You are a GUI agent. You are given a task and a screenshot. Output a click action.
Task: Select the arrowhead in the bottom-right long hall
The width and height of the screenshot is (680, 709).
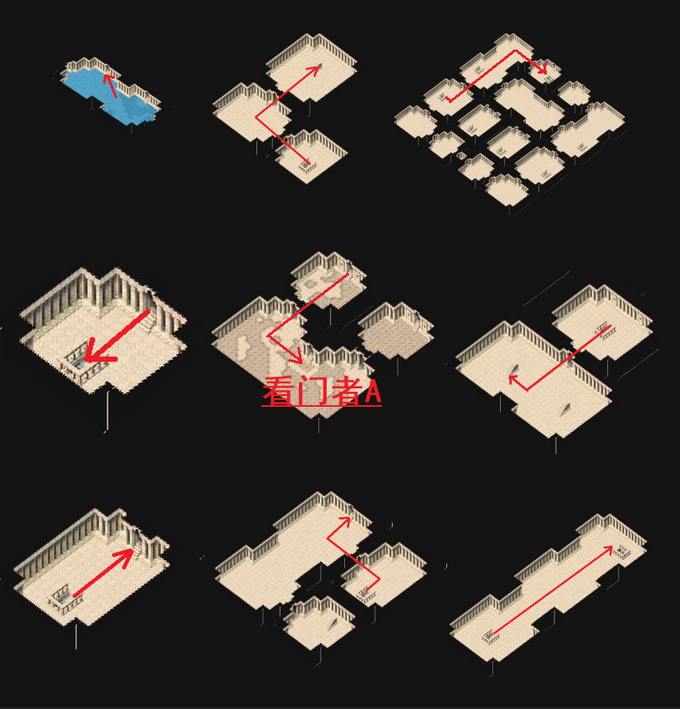(610, 548)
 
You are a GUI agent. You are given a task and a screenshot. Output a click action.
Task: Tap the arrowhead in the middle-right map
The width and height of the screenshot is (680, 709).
(513, 381)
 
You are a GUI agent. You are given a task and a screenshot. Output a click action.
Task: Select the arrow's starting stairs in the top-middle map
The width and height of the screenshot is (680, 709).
(307, 163)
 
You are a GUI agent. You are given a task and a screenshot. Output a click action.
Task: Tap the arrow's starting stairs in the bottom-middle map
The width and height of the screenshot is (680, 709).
(366, 591)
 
